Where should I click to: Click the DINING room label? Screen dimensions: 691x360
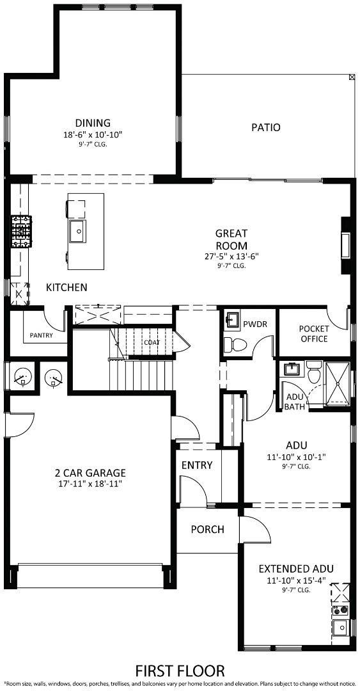click(x=93, y=123)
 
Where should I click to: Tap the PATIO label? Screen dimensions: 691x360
click(x=265, y=127)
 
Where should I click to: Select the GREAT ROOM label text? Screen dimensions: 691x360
click(x=231, y=239)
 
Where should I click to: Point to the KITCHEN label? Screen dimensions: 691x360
click(x=67, y=287)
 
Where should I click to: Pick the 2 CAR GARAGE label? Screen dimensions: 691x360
click(x=90, y=473)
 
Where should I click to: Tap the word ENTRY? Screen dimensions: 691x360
click(x=196, y=465)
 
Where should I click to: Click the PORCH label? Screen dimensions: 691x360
click(x=207, y=529)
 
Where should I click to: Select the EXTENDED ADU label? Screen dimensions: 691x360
click(x=295, y=568)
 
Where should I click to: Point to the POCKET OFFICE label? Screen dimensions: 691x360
click(x=314, y=333)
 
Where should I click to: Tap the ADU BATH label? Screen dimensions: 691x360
click(x=294, y=401)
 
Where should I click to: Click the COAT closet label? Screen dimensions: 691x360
click(x=152, y=342)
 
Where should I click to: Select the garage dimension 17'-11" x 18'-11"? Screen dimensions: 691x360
click(x=90, y=484)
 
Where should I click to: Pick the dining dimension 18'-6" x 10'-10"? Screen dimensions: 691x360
click(x=93, y=134)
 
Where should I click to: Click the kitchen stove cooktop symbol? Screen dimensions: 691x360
click(x=20, y=232)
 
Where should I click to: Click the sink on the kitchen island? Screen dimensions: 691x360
click(x=79, y=232)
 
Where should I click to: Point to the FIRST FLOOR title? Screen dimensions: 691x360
click(x=180, y=671)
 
